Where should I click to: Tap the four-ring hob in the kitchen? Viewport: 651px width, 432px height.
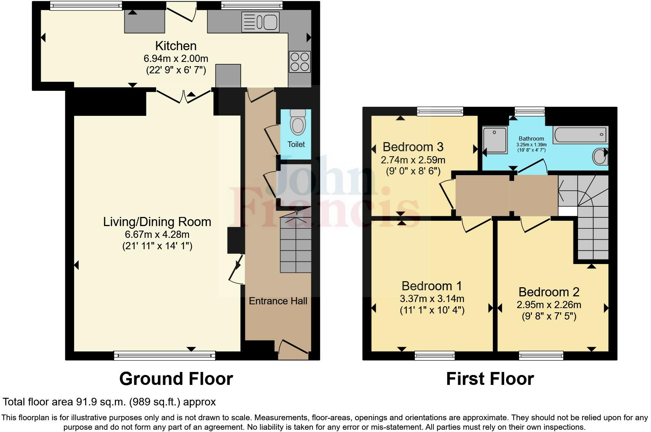(x=300, y=62)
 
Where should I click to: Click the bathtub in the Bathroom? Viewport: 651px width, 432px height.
(x=580, y=135)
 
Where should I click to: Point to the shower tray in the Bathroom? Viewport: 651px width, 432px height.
(x=495, y=140)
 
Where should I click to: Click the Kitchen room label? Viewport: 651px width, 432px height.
(x=176, y=46)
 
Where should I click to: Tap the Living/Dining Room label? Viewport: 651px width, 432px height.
(x=157, y=222)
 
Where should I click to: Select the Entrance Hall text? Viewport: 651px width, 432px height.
(x=278, y=301)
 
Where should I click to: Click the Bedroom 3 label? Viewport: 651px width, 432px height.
(x=413, y=147)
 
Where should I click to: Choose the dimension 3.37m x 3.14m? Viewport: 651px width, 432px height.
(x=432, y=299)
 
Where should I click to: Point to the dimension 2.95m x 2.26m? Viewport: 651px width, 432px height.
(x=549, y=305)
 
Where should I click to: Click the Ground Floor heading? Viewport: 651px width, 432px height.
(x=176, y=379)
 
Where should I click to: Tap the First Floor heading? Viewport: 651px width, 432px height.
(x=490, y=379)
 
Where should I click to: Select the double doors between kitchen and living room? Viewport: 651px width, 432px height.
(x=184, y=96)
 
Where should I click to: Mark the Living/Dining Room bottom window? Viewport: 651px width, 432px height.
(x=165, y=356)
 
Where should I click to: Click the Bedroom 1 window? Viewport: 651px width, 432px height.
(x=435, y=356)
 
